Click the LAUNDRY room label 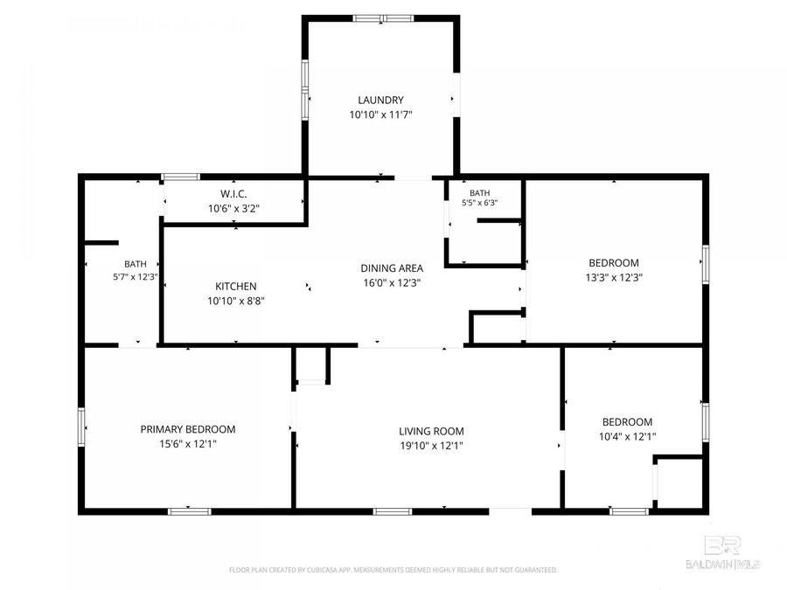coord(380,100)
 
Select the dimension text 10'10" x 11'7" coord(380,115)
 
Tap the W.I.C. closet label coord(233,194)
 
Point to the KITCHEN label coord(236,286)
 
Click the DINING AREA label coord(392,268)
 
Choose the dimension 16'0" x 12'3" coord(392,283)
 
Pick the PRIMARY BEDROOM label coord(188,429)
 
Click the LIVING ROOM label coord(431,431)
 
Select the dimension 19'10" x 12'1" coord(431,446)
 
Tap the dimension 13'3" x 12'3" coord(614,277)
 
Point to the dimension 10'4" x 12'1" coord(627,436)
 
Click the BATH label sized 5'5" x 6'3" coord(480,193)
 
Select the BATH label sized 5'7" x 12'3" coord(136,264)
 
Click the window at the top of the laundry coord(383,18)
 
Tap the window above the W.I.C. coord(181,177)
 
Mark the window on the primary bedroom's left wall coord(81,427)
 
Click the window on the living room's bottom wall coord(393,511)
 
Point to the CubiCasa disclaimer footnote coord(393,570)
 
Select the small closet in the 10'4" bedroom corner coord(679,482)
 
